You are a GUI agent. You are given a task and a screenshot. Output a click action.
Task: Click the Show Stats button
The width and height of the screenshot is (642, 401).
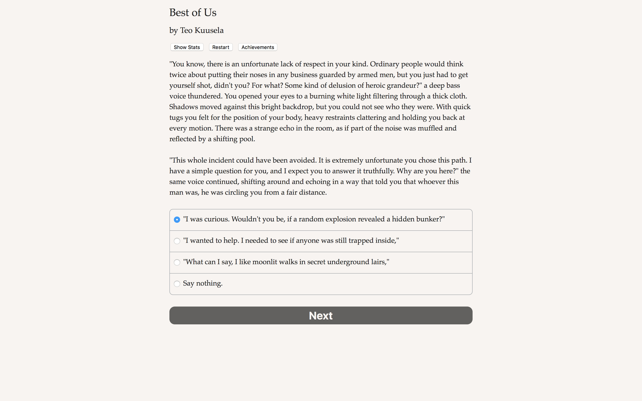click(x=187, y=47)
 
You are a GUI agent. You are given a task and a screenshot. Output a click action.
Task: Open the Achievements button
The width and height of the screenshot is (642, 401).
click(x=258, y=47)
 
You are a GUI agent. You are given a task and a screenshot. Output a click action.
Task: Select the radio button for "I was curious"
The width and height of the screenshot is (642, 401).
click(x=177, y=220)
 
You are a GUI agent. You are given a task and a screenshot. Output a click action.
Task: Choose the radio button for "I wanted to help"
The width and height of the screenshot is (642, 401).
click(x=177, y=241)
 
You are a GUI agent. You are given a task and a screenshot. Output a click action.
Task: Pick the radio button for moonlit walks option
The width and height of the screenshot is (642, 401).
click(x=177, y=262)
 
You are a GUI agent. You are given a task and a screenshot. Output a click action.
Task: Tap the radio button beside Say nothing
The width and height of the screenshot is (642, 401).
click(x=177, y=284)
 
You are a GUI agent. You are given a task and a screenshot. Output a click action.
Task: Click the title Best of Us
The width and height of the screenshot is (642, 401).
click(x=193, y=12)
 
